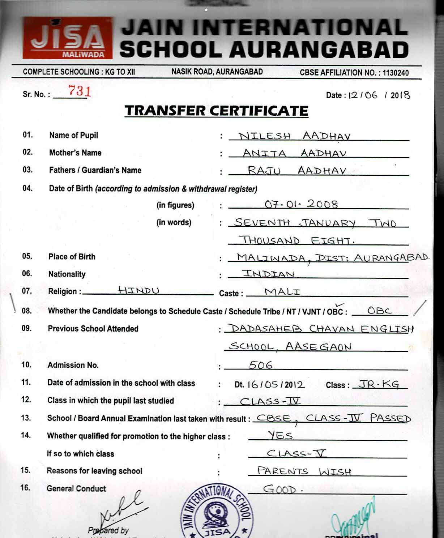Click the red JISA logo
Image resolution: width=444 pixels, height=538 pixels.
[68, 38]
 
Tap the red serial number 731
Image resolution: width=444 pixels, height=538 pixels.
[79, 91]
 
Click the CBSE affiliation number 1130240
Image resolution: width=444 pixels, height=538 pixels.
[395, 73]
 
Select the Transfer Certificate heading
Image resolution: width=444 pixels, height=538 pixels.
[216, 111]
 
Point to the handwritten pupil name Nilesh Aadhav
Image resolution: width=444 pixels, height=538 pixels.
[294, 136]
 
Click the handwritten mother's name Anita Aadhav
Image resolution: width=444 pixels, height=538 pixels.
[294, 153]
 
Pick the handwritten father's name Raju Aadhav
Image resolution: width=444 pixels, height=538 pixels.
[296, 170]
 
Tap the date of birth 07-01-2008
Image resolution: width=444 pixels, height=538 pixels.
[301, 204]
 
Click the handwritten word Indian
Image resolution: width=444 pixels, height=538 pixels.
[268, 274]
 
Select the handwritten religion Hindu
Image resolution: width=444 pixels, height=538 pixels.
[138, 290]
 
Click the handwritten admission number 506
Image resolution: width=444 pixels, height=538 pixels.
[260, 365]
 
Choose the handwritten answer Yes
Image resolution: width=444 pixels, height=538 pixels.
[280, 435]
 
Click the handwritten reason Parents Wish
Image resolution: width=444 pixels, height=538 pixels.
[304, 471]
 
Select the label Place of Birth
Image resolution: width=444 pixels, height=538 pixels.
[72, 257]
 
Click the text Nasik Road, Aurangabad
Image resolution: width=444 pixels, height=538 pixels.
[217, 72]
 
